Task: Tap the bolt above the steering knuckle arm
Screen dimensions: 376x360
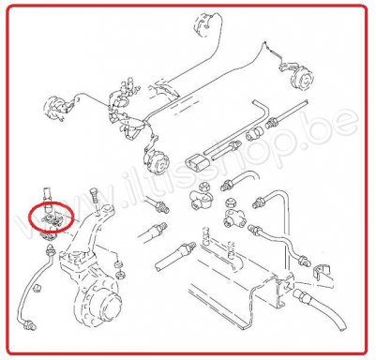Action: [95, 199]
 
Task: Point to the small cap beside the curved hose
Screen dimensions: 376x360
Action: [38, 287]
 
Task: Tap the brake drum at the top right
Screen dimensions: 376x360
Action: [302, 78]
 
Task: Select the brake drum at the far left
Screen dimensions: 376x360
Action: [54, 107]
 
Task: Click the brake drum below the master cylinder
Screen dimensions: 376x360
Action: [157, 160]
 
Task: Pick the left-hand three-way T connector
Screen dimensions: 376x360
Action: [200, 199]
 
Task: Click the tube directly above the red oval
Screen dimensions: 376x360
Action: [47, 196]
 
